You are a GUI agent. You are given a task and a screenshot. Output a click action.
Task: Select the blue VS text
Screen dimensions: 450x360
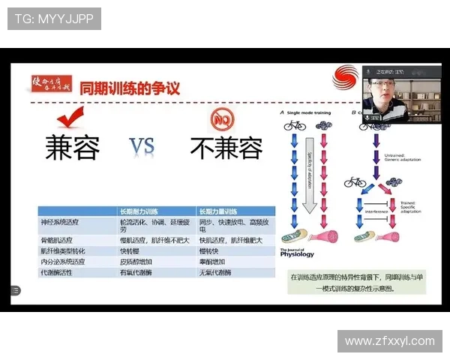tap(142, 145)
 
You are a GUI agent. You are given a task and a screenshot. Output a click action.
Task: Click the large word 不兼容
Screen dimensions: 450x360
tap(226, 146)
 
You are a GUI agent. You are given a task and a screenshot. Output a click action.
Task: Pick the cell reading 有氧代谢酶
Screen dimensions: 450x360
tap(139, 272)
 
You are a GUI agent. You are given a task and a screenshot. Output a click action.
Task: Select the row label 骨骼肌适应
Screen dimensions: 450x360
tap(58, 240)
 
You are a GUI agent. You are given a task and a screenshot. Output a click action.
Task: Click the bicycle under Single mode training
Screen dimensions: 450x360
tap(295, 125)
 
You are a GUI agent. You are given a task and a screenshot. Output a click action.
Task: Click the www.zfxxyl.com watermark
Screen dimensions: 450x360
tap(389, 341)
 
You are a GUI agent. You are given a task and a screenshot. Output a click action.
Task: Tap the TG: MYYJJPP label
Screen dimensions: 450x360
tap(54, 19)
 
